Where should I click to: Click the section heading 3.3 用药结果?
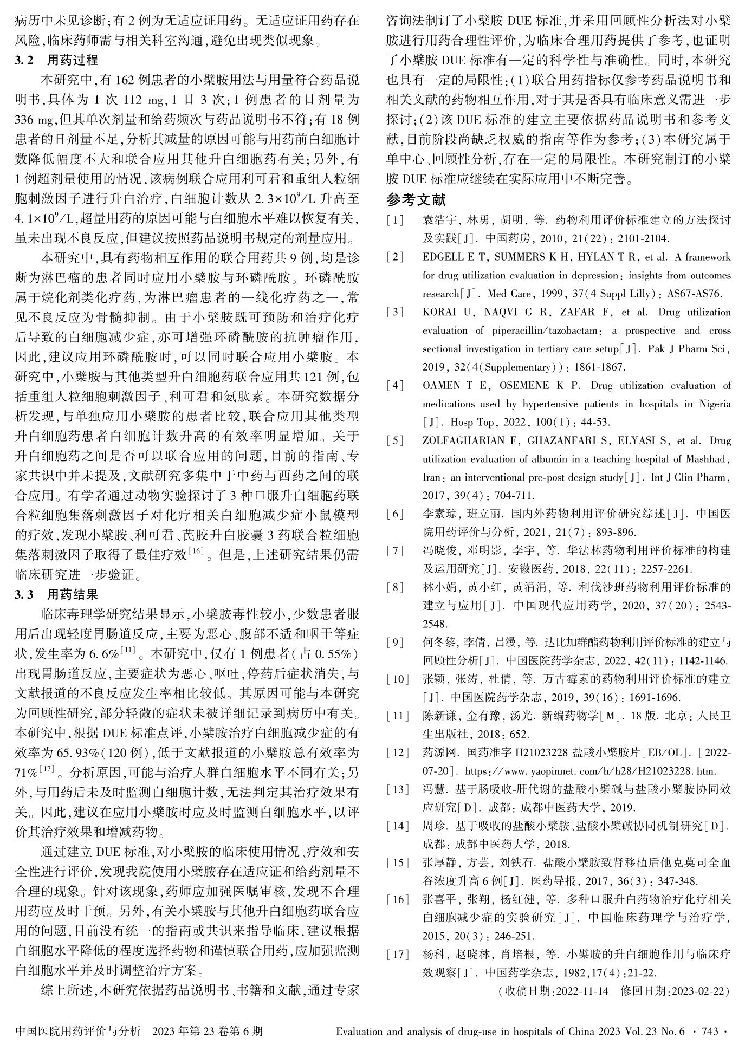point(56,595)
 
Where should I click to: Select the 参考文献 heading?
point(416,200)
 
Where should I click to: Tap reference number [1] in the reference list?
point(395,220)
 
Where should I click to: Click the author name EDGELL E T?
point(449,257)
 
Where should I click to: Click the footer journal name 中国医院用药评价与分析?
point(78,1031)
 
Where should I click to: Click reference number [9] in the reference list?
point(395,643)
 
